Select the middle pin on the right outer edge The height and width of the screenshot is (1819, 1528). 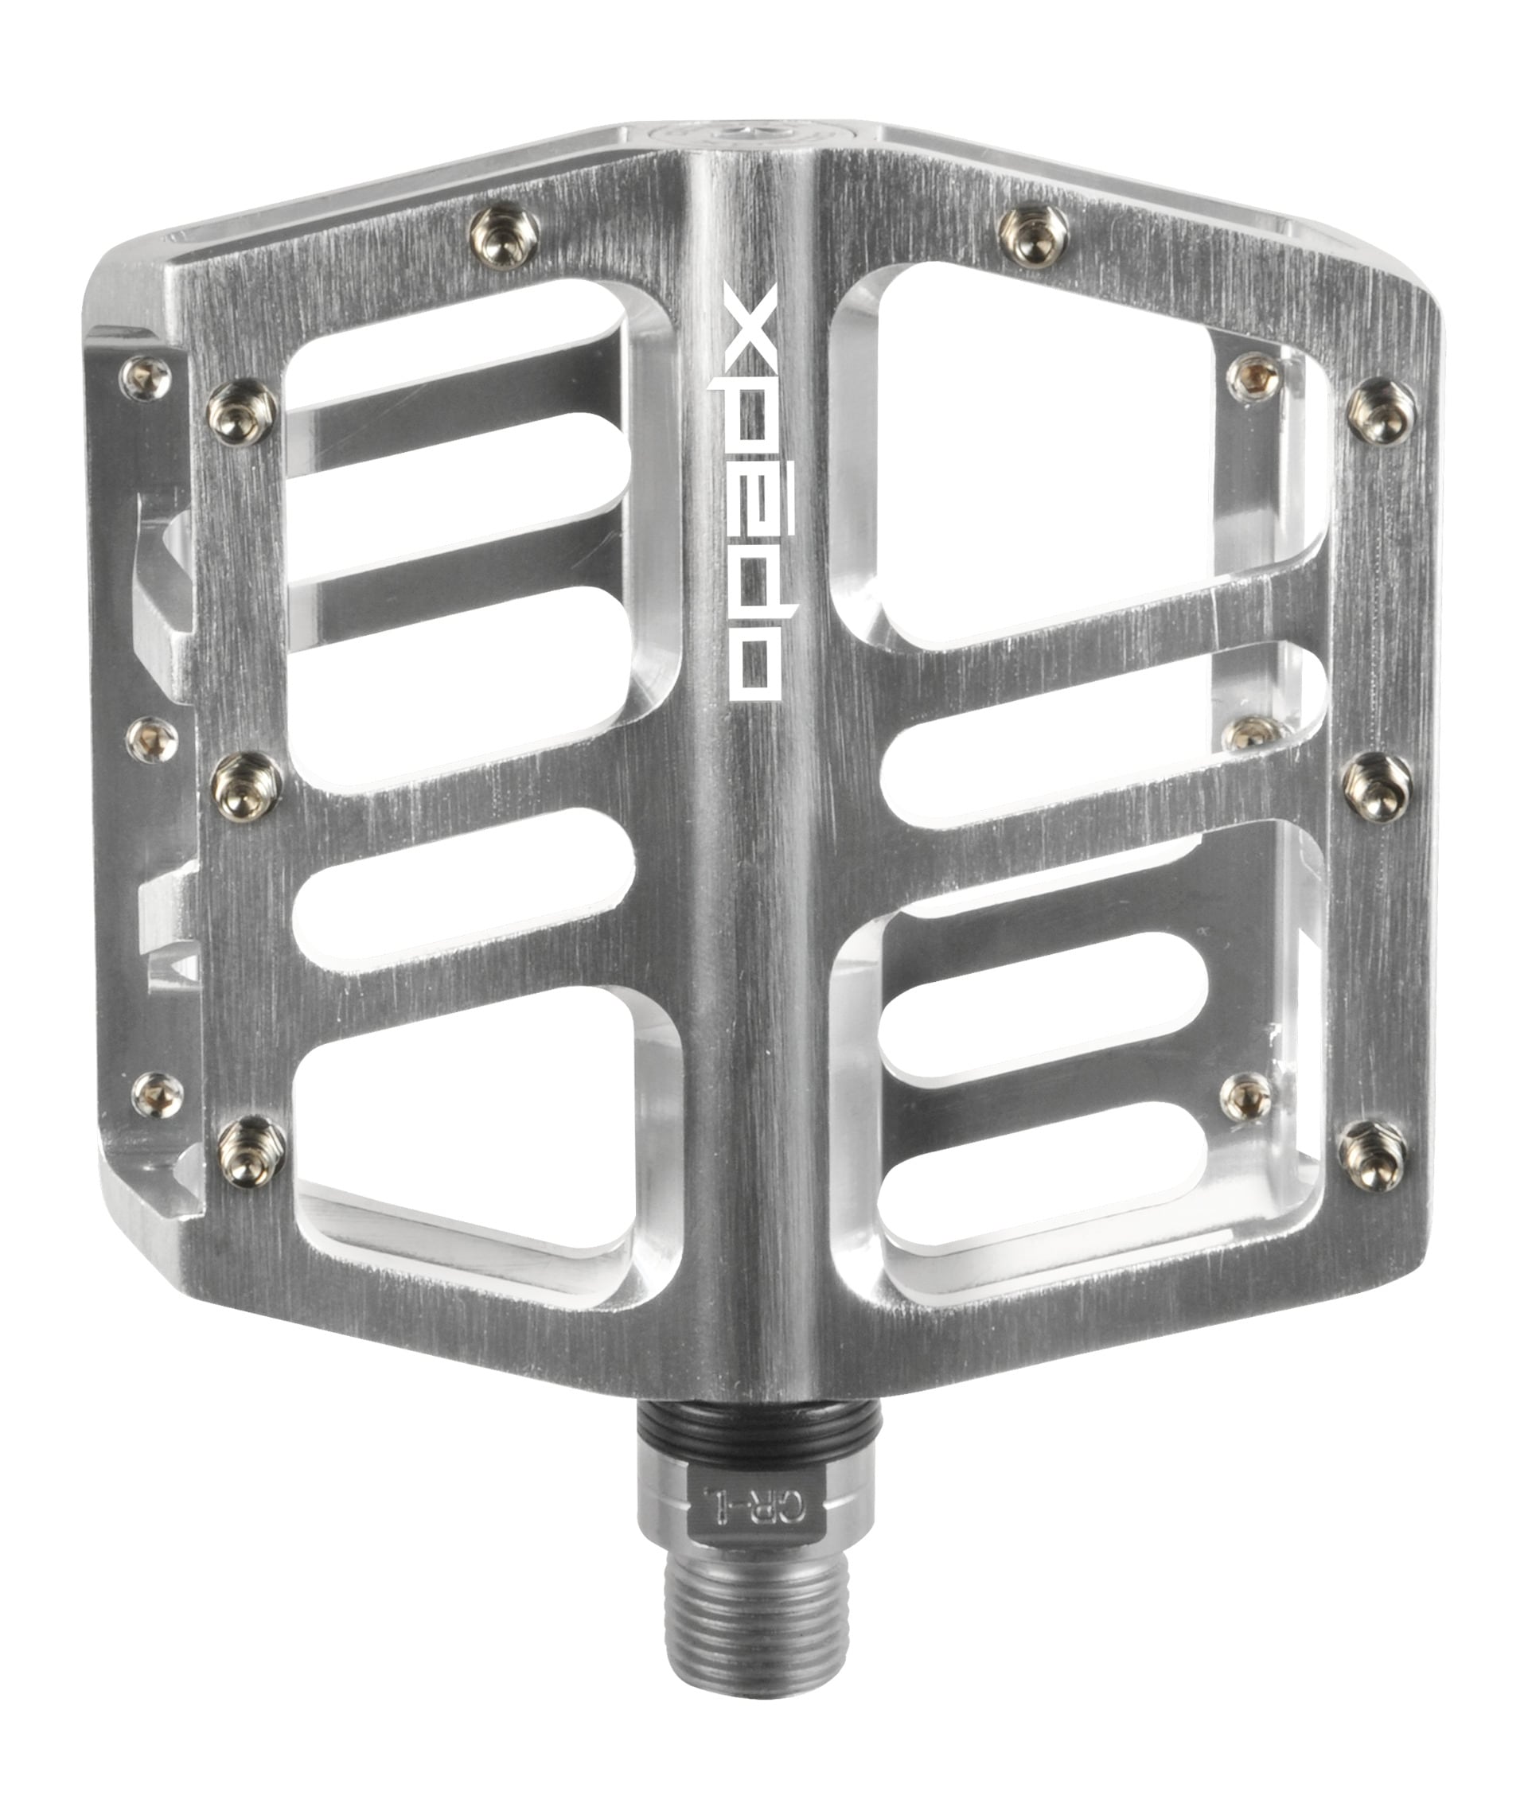tap(1378, 785)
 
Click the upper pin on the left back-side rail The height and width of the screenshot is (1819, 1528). tap(146, 379)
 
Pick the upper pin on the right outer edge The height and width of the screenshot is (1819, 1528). tap(1381, 411)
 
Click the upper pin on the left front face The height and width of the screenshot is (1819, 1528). tap(244, 411)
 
